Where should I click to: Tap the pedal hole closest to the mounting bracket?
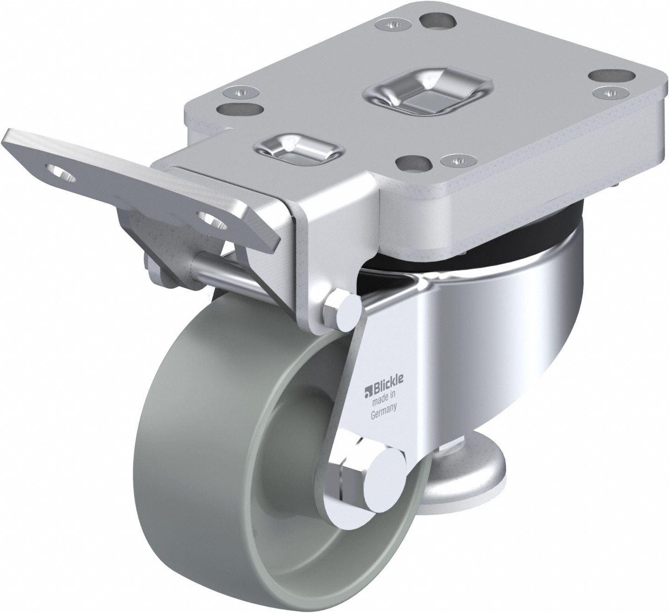(x=211, y=219)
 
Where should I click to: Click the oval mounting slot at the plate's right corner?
(x=610, y=75)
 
